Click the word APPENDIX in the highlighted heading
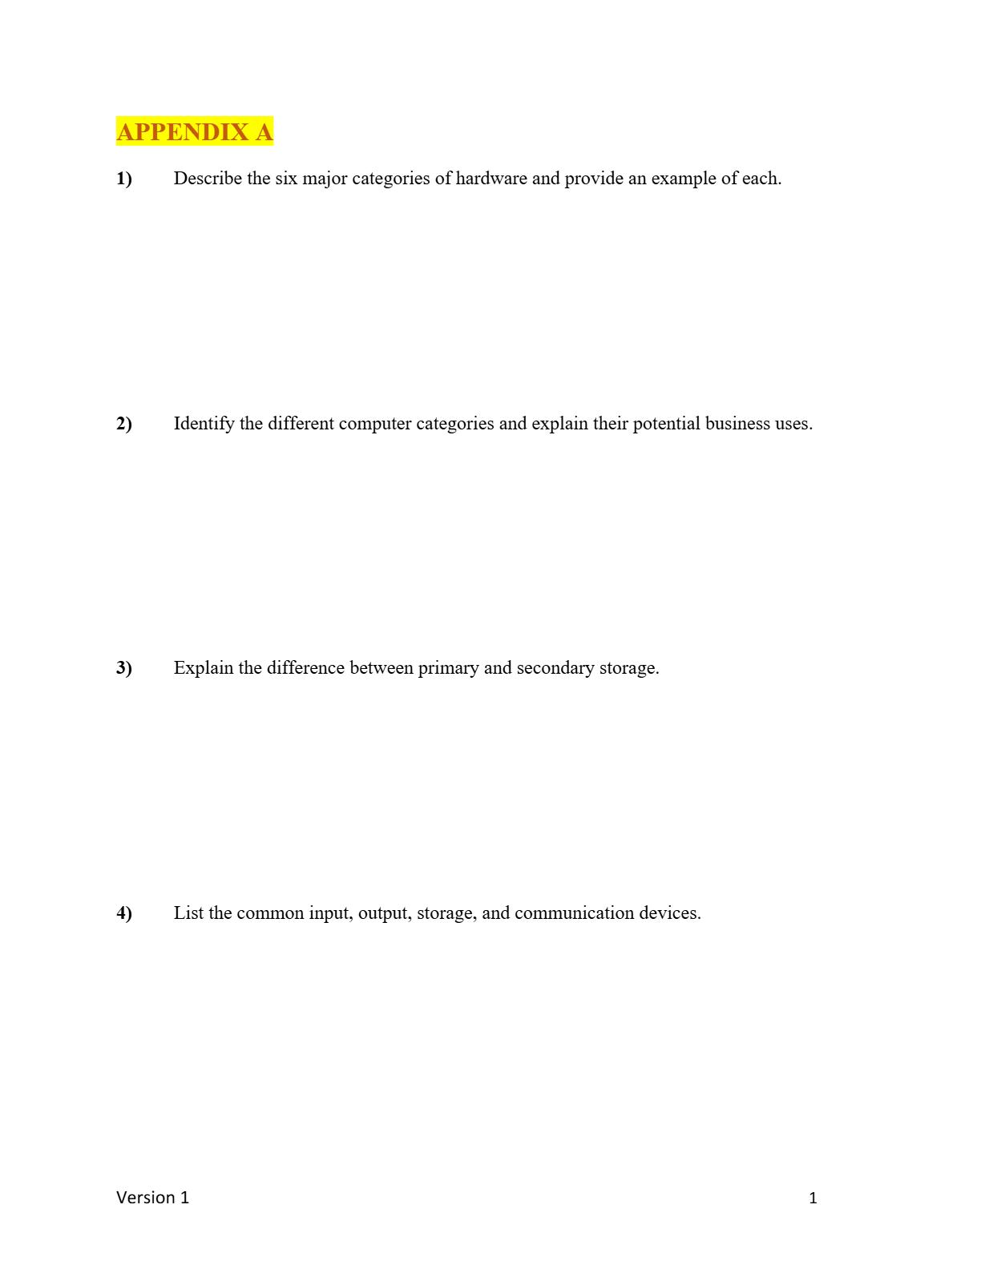click(x=183, y=131)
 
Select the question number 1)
click(x=124, y=179)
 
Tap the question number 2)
click(x=124, y=424)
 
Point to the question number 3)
click(x=124, y=668)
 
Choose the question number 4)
click(x=124, y=913)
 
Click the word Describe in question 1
click(x=208, y=179)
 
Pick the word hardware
click(x=491, y=179)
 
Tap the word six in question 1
click(x=286, y=179)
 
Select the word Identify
click(x=204, y=424)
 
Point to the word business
click(x=737, y=424)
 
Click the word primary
click(x=448, y=668)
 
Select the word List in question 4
click(x=188, y=913)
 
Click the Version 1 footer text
click(x=153, y=1198)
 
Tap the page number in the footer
click(x=813, y=1198)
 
